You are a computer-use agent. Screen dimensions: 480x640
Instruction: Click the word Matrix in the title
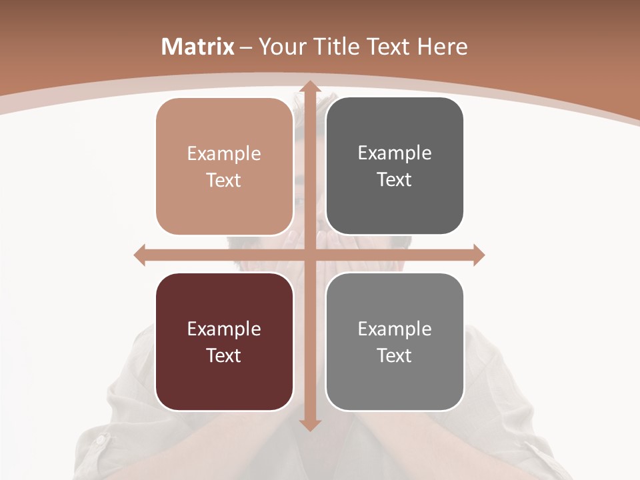198,47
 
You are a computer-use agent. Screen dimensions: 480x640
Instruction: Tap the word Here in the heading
442,47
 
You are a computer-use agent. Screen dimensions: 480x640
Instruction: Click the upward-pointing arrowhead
309,86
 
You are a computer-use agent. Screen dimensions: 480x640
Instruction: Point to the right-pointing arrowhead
479,255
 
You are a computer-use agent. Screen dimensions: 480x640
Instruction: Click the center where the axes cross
309,255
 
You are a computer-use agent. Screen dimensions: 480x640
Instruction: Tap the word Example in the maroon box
224,329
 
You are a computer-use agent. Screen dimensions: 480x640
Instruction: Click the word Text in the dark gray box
395,180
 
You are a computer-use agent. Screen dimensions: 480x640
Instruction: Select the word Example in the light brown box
224,154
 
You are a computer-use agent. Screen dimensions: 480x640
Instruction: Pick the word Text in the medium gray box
395,355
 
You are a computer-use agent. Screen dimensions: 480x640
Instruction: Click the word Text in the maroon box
224,355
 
